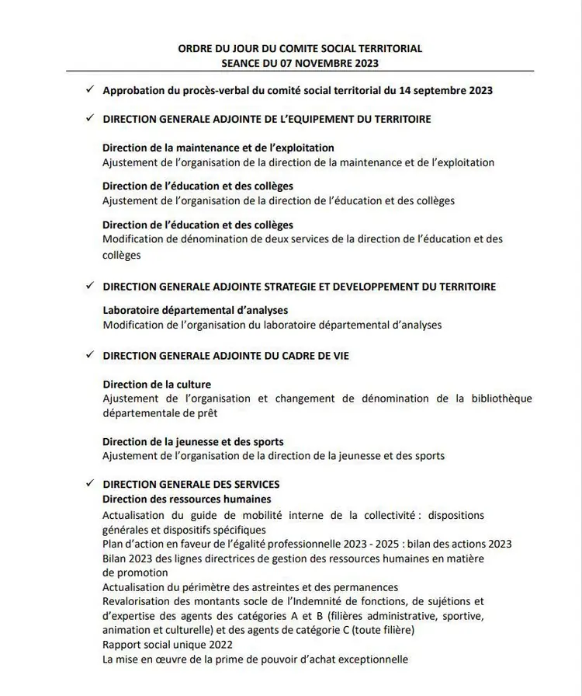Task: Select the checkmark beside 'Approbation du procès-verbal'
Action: pos(91,89)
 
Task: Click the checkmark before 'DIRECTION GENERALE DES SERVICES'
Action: pos(91,484)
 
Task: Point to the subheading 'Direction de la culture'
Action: pos(157,385)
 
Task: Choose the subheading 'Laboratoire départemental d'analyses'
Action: pos(195,311)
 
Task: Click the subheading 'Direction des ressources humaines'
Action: pos(187,499)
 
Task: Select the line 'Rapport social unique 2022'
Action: pos(168,645)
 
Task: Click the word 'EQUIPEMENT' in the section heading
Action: pos(327,120)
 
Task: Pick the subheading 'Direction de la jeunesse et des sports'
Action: pos(193,442)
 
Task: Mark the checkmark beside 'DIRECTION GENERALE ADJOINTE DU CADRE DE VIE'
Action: pos(91,355)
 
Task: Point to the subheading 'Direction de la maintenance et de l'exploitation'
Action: pos(218,148)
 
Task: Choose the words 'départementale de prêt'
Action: pos(161,412)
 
